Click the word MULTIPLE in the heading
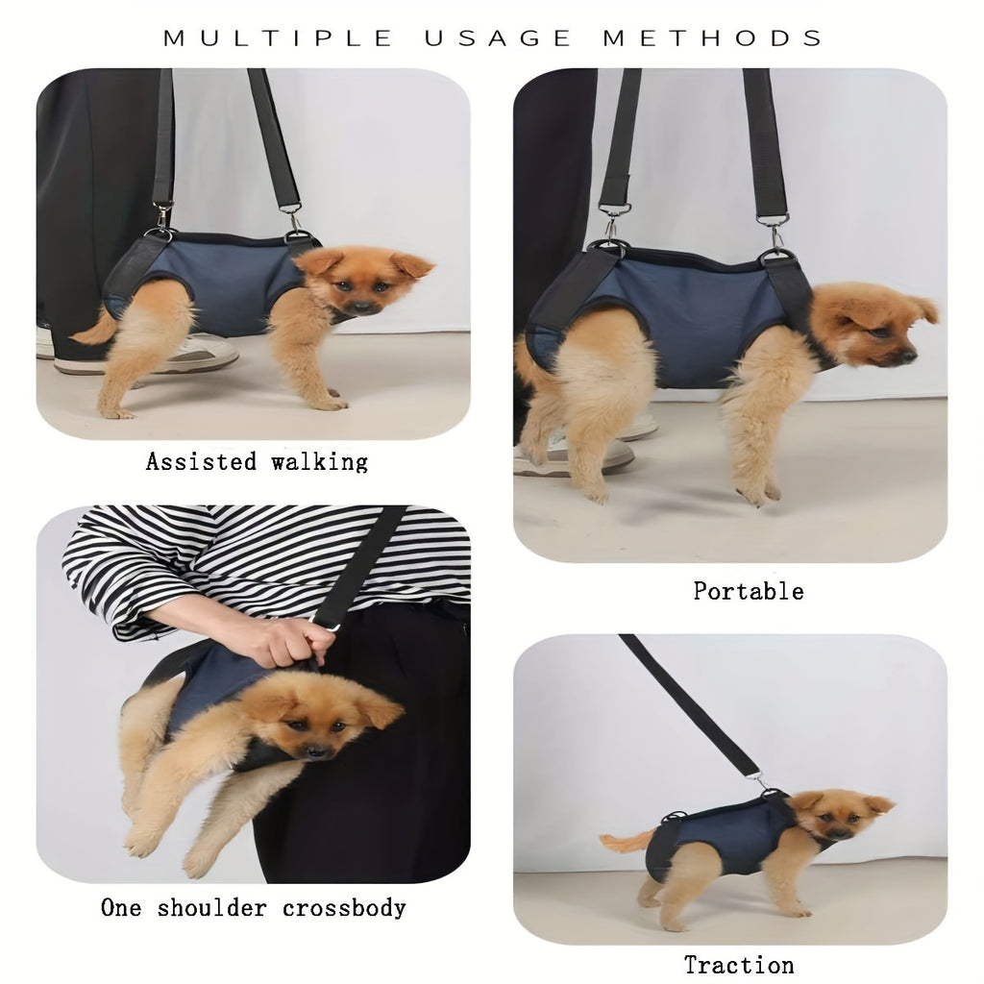pos(278,38)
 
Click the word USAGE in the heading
pos(498,38)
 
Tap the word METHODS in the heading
pos(712,38)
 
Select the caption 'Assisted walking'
pos(257,462)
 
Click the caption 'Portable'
pos(748,591)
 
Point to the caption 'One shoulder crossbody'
pos(254,908)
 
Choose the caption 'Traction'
pos(739,965)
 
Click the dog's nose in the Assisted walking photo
pos(360,307)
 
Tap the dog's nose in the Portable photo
pos(909,356)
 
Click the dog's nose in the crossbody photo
pos(315,750)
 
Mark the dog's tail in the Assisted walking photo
pos(93,332)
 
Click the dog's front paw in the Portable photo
pos(758,493)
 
